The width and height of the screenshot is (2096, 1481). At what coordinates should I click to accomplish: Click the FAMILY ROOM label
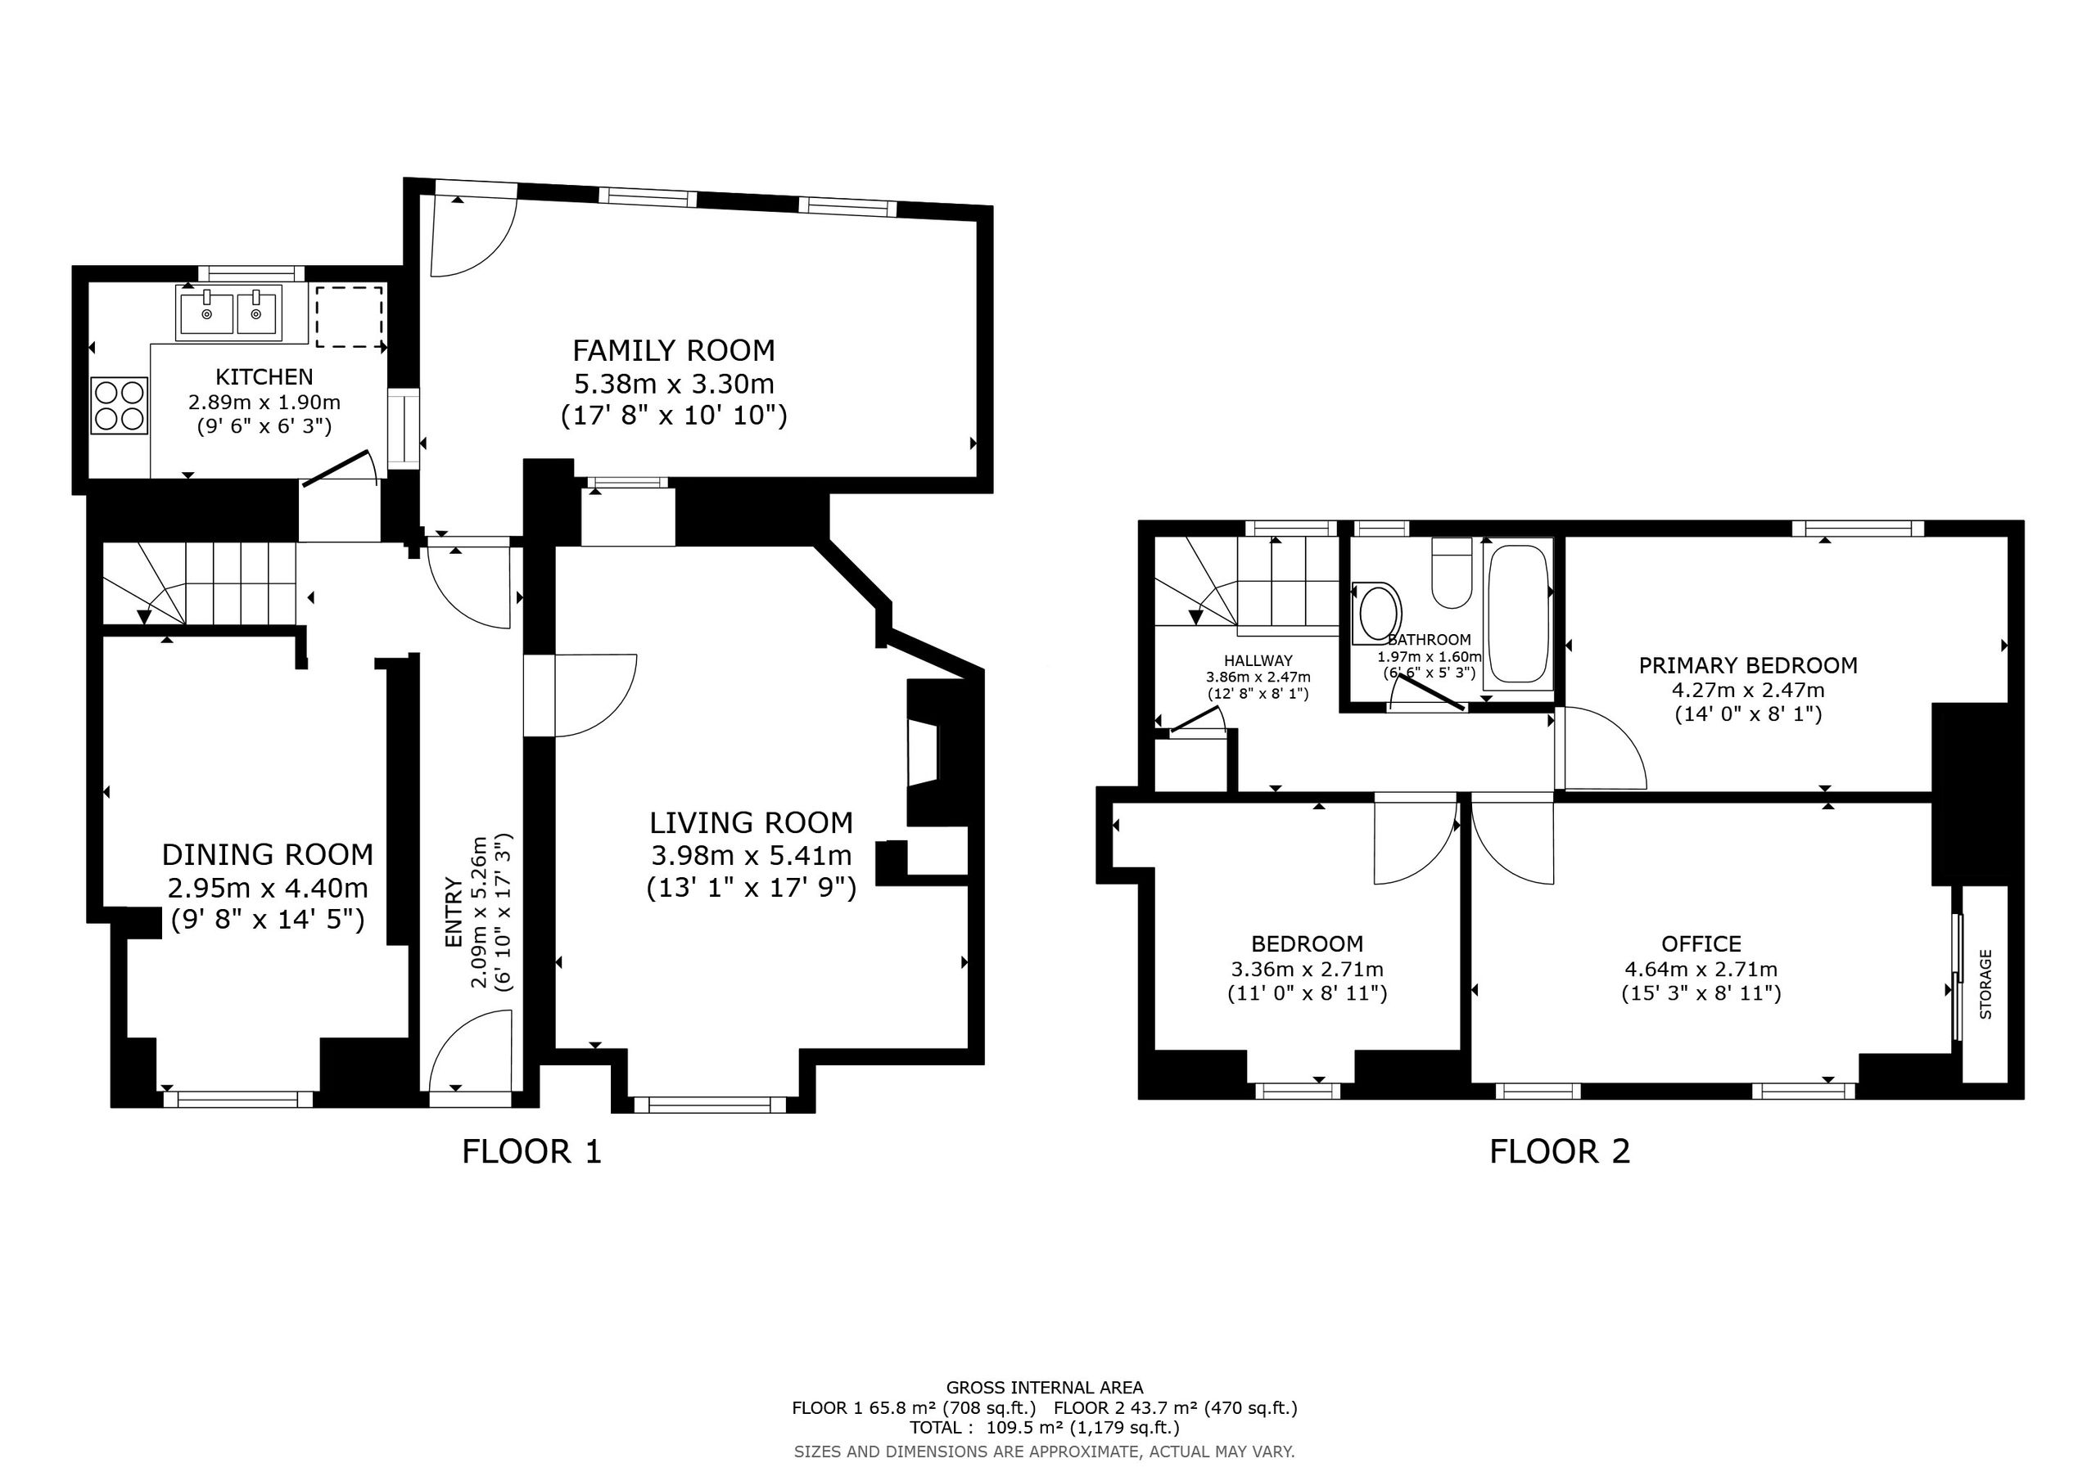[674, 350]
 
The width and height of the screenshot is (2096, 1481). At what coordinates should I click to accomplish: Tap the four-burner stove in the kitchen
[120, 406]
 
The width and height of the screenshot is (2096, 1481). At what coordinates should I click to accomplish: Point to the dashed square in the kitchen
[350, 316]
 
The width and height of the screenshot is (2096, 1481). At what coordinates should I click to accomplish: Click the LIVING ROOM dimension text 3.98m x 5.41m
[752, 856]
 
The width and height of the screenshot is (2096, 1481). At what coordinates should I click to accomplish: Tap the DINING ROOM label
[268, 855]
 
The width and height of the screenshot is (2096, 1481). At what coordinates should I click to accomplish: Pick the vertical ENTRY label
[454, 912]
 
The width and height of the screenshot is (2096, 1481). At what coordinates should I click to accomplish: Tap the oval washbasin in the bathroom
[1379, 611]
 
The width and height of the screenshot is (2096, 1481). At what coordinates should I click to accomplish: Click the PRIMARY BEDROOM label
[1748, 666]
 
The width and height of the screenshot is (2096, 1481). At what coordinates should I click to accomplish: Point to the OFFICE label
[1701, 943]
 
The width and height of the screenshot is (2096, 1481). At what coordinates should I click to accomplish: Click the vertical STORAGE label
[1985, 984]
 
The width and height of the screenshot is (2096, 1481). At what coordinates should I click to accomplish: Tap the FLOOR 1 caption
[532, 1151]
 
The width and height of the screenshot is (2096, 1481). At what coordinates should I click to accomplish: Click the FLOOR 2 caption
[1561, 1151]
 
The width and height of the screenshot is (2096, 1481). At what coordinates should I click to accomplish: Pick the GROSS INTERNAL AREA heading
[1045, 1388]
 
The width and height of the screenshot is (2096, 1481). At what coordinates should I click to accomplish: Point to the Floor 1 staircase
[200, 583]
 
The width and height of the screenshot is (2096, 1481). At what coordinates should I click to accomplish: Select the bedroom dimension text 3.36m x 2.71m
[1308, 969]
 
